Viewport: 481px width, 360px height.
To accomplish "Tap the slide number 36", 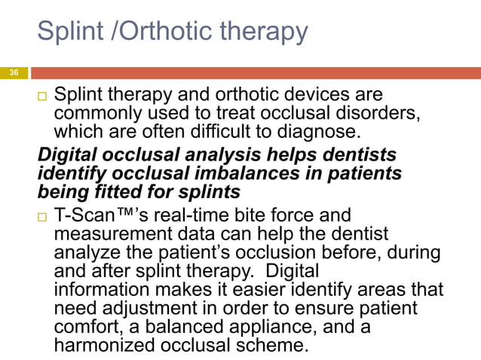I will (13, 73).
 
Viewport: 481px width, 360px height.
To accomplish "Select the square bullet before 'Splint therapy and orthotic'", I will (42, 96).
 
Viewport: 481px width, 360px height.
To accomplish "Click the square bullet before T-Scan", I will (42, 217).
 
